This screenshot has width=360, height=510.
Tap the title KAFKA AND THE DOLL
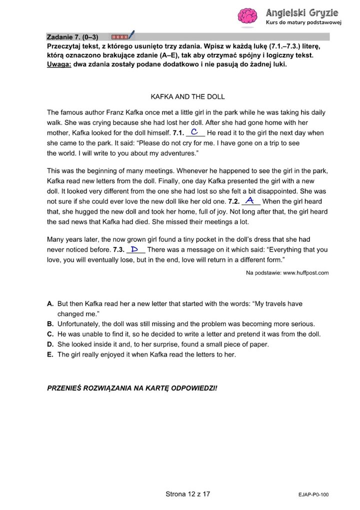click(187, 96)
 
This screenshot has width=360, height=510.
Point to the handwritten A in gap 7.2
click(251, 201)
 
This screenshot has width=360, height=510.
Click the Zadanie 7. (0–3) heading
click(72, 36)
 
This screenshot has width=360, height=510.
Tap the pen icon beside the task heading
click(131, 35)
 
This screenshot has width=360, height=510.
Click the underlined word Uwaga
click(58, 65)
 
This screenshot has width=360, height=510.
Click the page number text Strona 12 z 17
click(187, 494)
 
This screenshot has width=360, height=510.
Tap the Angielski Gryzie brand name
click(302, 12)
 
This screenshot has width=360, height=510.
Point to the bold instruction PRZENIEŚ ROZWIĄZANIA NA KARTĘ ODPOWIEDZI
click(132, 388)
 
